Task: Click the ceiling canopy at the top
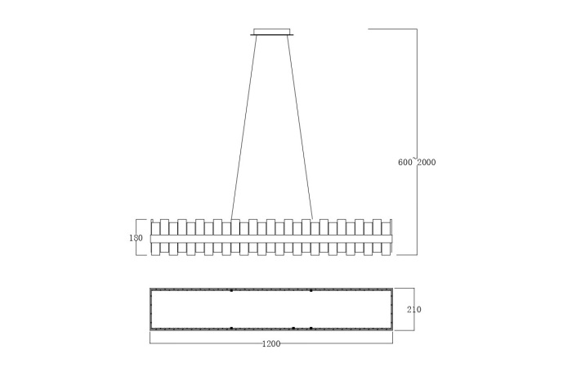point(271,33)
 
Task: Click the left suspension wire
point(244,127)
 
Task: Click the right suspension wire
point(300,127)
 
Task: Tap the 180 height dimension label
point(136,238)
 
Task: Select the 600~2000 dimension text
point(417,162)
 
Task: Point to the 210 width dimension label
point(413,310)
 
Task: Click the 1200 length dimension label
point(271,343)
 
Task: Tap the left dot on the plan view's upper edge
point(231,290)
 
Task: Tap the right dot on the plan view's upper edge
point(311,290)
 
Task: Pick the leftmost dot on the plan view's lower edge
point(231,328)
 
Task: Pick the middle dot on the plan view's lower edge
point(293,328)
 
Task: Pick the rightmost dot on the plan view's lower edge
point(311,328)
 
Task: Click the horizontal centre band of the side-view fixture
point(271,238)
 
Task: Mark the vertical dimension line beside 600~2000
point(418,98)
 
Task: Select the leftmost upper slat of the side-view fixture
point(155,226)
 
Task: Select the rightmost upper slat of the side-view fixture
point(389,226)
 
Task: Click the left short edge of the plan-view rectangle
point(150,309)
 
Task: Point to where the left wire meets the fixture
point(232,219)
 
